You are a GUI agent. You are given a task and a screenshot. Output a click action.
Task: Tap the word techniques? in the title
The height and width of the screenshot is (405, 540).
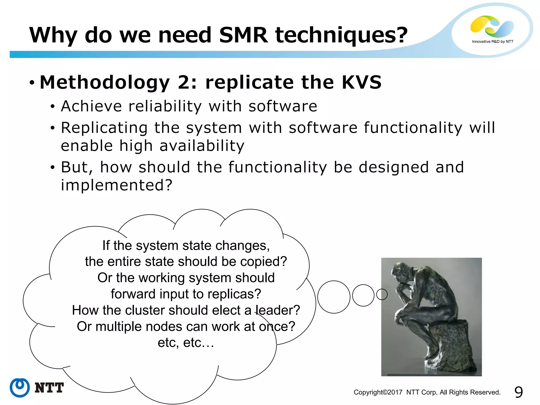click(341, 35)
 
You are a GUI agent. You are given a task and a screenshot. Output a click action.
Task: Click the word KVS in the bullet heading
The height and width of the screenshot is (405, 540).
click(361, 82)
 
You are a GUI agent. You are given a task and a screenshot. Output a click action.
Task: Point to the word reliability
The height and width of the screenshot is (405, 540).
click(165, 106)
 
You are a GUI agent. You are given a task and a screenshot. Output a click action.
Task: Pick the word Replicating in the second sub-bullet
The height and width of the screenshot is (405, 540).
click(104, 128)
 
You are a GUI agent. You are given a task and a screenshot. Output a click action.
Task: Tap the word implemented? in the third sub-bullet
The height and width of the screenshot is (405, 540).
click(117, 185)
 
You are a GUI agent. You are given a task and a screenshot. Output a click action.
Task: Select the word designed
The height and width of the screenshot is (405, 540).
click(394, 167)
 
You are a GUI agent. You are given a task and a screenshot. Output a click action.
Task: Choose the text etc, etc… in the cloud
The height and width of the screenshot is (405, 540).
click(186, 343)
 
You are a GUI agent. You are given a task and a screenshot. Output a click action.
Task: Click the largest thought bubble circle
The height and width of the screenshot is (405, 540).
click(334, 297)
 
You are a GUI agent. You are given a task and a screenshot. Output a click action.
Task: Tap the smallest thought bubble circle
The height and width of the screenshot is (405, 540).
click(382, 295)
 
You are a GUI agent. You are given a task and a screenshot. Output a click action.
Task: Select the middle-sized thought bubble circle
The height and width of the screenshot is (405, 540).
click(363, 295)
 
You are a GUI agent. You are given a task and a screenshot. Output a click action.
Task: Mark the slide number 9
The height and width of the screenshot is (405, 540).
click(518, 392)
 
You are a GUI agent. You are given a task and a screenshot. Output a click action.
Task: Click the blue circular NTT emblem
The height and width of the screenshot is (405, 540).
click(20, 388)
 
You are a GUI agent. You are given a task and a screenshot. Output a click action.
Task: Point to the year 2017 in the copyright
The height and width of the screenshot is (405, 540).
click(395, 392)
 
